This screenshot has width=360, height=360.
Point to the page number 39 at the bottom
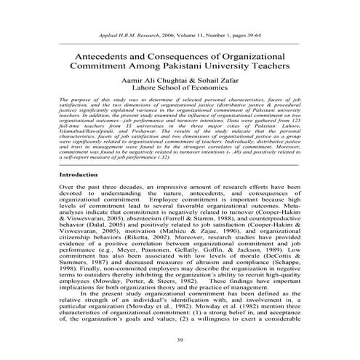(x=180, y=340)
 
